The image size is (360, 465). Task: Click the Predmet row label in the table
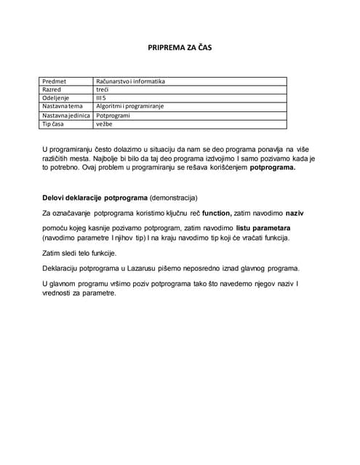[55, 81]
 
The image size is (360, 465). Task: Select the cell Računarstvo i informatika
[131, 81]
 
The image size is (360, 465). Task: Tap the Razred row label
[52, 89]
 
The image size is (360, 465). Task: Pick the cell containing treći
[103, 89]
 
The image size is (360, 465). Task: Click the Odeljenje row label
[57, 98]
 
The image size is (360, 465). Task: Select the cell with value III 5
[102, 98]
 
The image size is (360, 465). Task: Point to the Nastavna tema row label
[63, 106]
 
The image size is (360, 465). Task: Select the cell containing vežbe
[104, 124]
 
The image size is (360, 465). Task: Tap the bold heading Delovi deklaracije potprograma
[95, 198]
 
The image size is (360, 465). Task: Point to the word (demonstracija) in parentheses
[173, 198]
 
